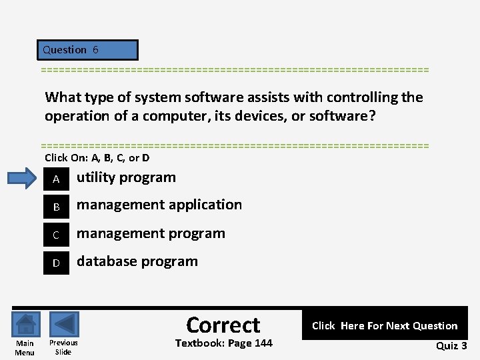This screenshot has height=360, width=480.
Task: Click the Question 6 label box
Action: coord(88,50)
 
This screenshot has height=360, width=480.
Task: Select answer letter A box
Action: coord(57,179)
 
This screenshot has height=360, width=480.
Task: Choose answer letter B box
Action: coord(57,207)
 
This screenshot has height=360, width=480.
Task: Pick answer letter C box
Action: coord(57,235)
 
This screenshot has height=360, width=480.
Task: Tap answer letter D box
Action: coord(57,263)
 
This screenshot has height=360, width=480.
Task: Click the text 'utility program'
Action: coord(126,177)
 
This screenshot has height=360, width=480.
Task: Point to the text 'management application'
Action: coord(159,205)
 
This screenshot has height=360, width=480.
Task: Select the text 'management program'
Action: coord(151,233)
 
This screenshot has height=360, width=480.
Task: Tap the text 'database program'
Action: coord(137,261)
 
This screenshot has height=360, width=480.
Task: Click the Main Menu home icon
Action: coord(25,325)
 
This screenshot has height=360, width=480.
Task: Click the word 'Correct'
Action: coord(223,325)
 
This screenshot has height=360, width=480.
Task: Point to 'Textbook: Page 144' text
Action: coord(223,343)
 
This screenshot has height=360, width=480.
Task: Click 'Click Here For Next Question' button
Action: coord(384,325)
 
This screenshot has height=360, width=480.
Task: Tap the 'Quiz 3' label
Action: coord(451,345)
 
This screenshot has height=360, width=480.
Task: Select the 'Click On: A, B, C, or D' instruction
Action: coord(97,158)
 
